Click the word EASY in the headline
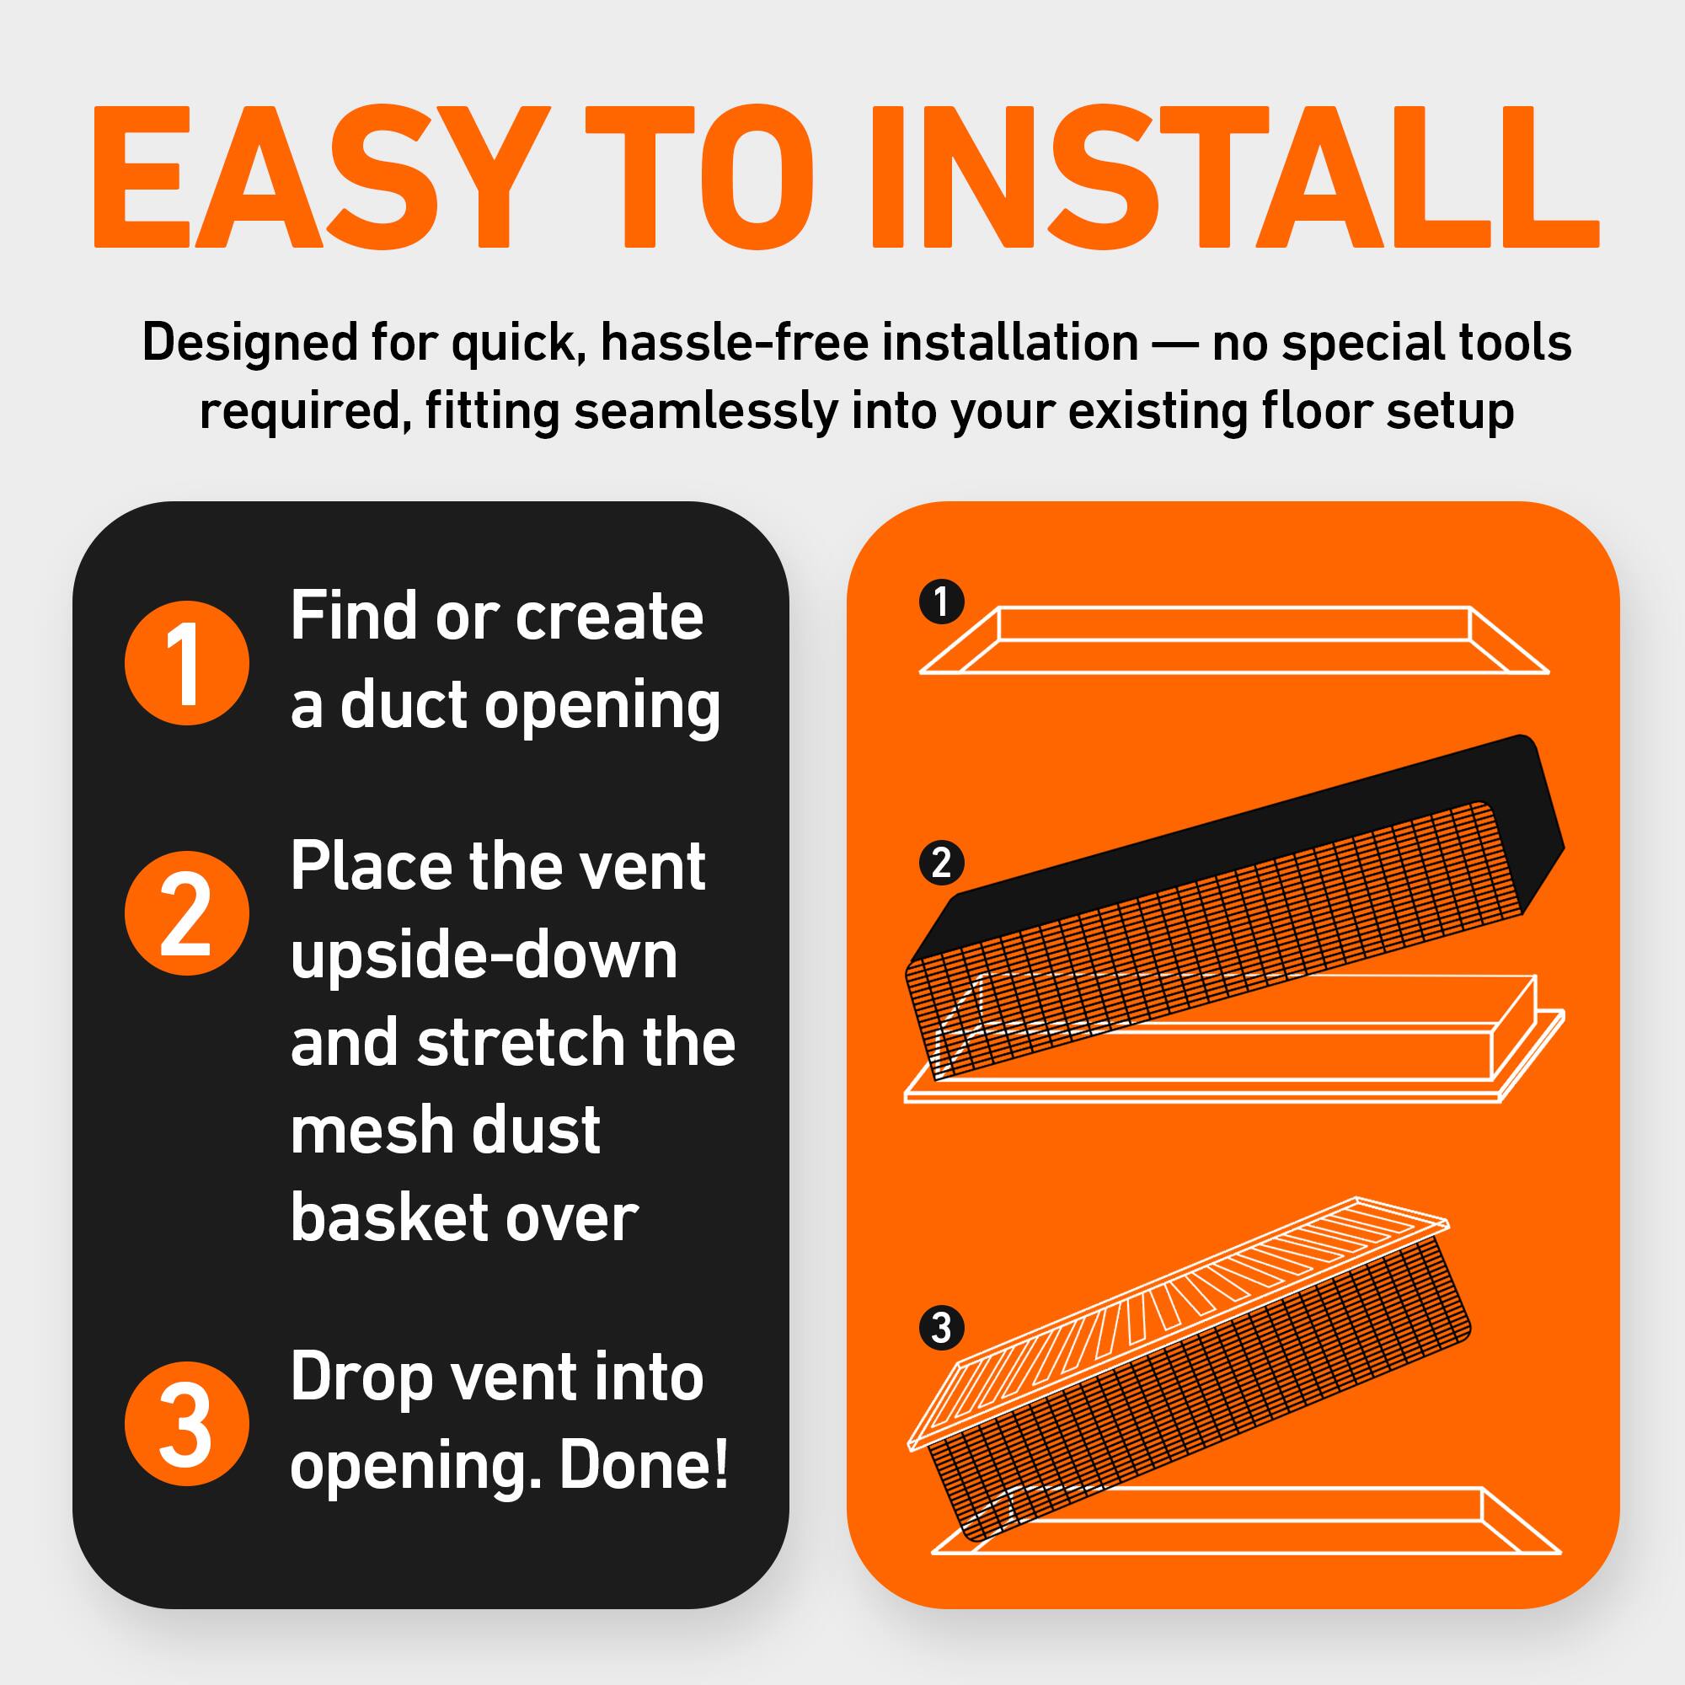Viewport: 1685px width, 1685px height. click(x=309, y=179)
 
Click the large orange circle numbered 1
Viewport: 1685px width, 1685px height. click(x=187, y=662)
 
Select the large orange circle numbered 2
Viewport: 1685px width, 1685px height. click(x=187, y=913)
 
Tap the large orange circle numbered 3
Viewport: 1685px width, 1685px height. click(x=187, y=1423)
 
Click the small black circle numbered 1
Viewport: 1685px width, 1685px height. click(x=941, y=602)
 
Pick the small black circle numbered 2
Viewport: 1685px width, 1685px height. click(x=941, y=864)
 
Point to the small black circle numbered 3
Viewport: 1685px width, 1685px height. click(x=941, y=1329)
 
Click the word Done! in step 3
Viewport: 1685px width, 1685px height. click(x=644, y=1467)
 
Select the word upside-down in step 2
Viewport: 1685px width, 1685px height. click(x=484, y=955)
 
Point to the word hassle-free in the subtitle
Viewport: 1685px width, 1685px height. click(x=734, y=343)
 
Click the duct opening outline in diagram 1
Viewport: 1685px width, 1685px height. click(x=1233, y=641)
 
